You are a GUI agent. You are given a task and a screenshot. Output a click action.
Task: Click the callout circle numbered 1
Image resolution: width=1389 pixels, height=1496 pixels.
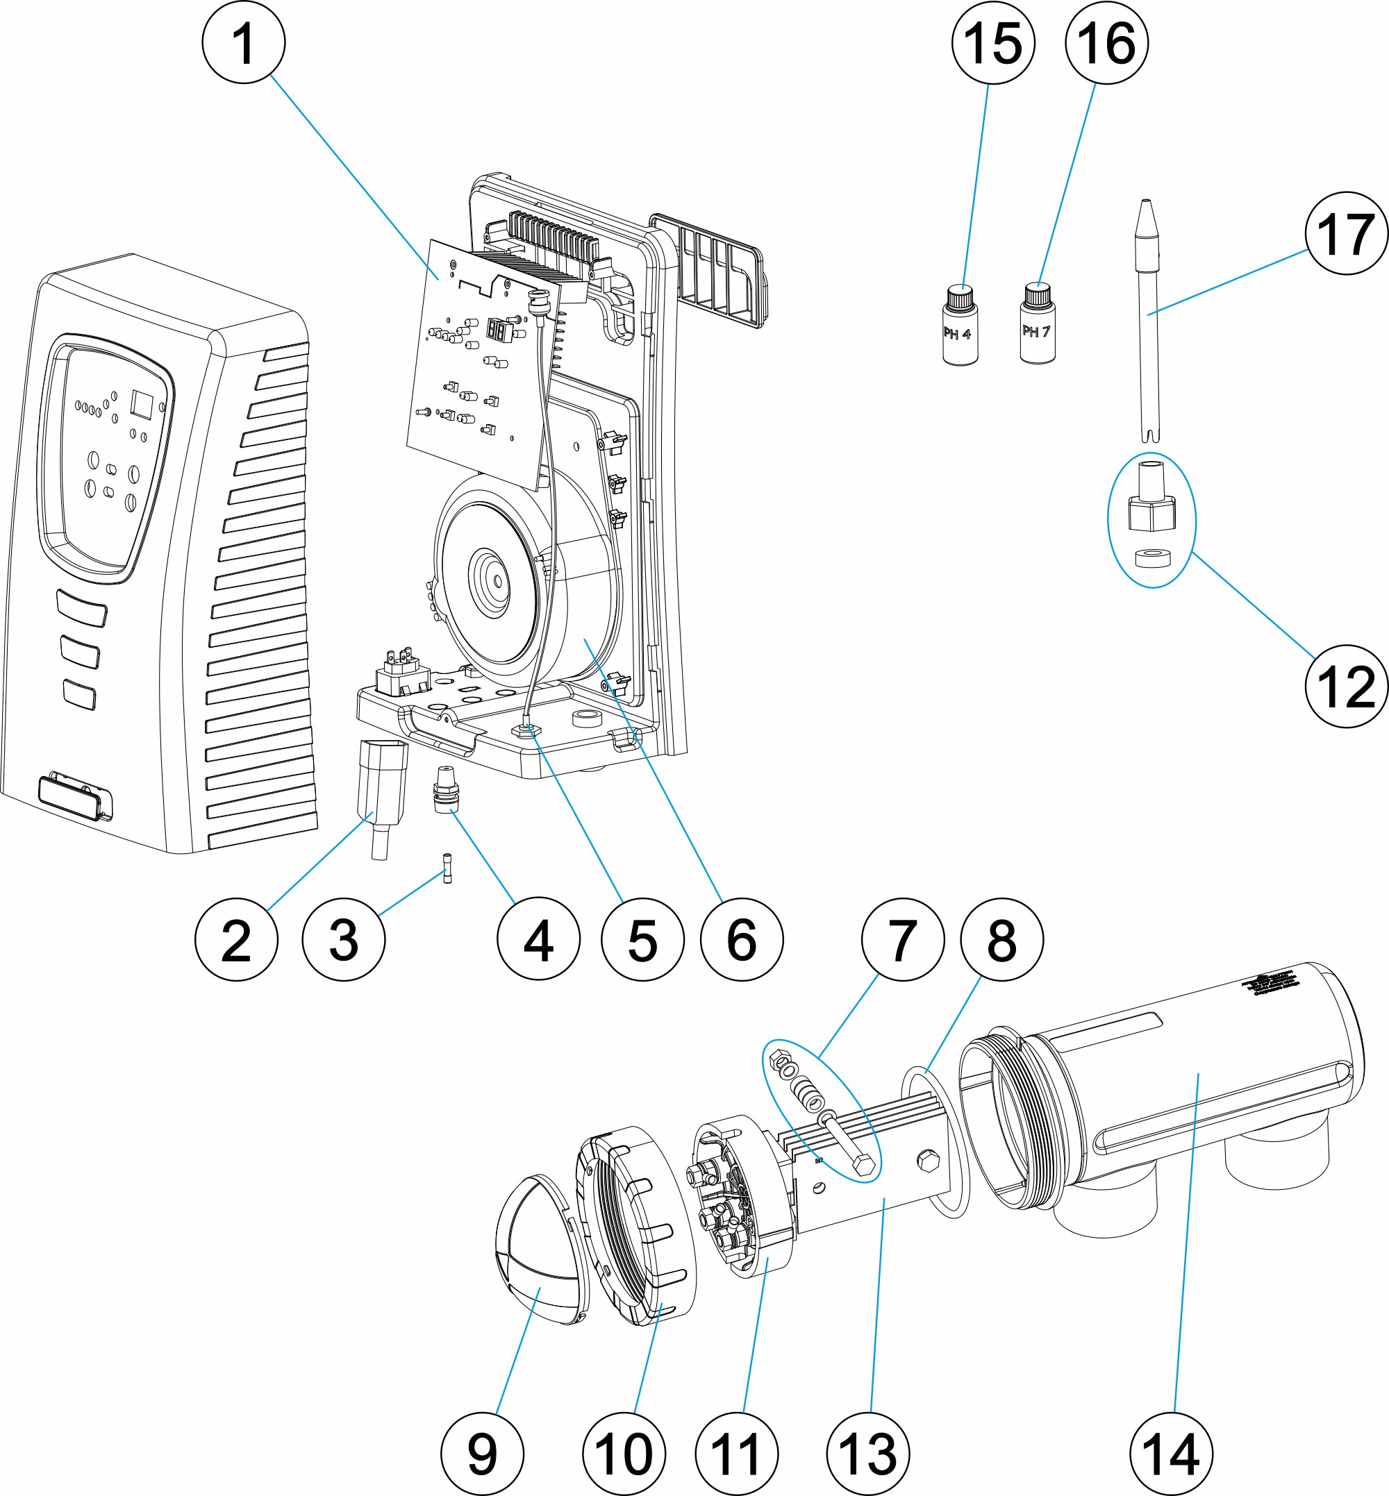(x=244, y=42)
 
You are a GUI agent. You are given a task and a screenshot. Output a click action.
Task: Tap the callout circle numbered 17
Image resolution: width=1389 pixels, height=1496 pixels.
(x=1346, y=233)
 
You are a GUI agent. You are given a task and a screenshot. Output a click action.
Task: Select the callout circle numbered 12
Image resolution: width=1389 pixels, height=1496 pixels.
(x=1346, y=686)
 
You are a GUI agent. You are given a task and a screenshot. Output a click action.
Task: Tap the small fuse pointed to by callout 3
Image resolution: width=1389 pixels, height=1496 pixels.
(x=448, y=868)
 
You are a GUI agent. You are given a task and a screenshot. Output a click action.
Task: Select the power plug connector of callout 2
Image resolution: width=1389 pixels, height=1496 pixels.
(x=384, y=782)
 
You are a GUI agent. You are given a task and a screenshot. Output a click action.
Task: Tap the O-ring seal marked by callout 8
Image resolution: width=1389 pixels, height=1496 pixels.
(x=935, y=1142)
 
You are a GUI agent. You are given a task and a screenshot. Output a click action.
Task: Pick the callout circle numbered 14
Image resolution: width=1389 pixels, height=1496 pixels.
(x=1170, y=1454)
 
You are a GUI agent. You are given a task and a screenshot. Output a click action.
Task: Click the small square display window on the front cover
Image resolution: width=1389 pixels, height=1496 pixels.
(x=142, y=403)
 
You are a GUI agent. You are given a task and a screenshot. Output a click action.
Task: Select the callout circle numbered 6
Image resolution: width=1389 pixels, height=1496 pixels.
(x=741, y=940)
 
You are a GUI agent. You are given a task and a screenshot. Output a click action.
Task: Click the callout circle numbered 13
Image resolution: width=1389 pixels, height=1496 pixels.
(x=867, y=1454)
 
